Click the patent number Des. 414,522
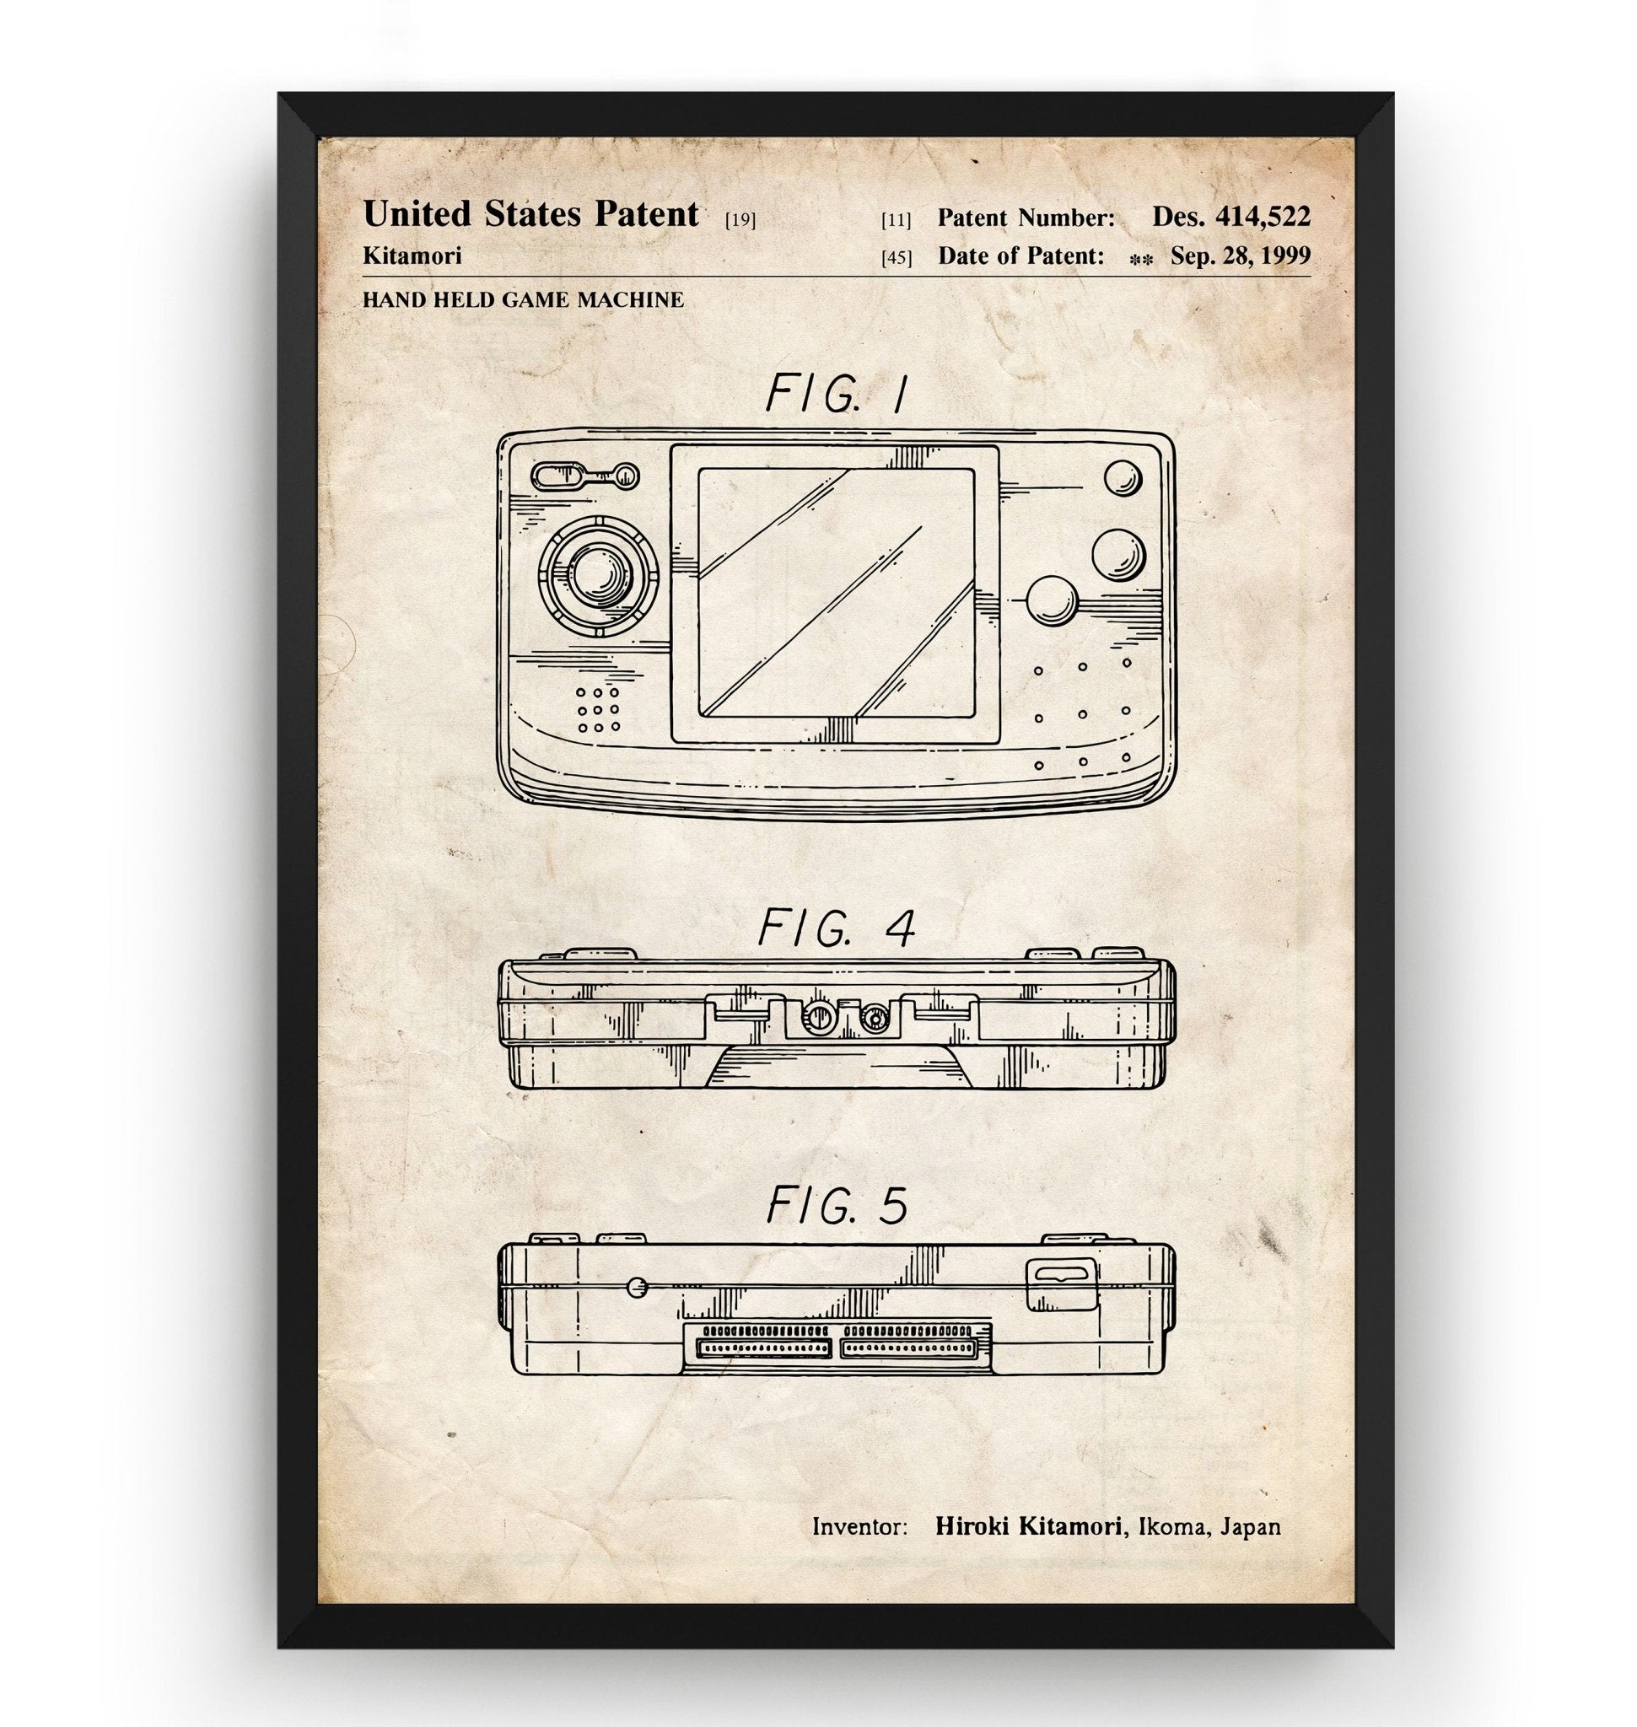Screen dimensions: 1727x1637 (x=1230, y=217)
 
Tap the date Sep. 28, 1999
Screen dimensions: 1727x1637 (x=1240, y=256)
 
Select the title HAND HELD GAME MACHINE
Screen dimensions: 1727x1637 (x=523, y=299)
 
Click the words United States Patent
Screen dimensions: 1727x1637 (x=530, y=215)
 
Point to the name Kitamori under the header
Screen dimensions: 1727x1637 (x=412, y=256)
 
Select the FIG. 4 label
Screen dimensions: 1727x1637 (x=836, y=928)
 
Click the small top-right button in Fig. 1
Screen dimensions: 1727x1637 (x=1123, y=477)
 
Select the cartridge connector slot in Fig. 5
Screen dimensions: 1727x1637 (x=837, y=1348)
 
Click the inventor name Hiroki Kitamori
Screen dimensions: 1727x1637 (x=1028, y=1526)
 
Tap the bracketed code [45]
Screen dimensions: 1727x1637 (x=897, y=257)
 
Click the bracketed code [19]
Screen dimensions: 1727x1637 (x=740, y=219)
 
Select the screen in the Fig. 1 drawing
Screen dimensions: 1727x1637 (x=836, y=593)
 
